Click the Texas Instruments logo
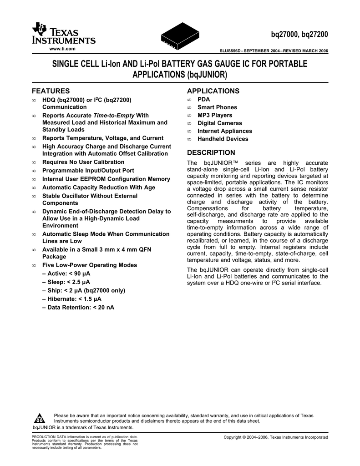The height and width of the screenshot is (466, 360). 63,34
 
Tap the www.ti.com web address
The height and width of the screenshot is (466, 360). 61,48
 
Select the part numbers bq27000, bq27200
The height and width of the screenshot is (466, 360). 297,35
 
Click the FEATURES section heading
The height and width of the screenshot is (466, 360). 51,91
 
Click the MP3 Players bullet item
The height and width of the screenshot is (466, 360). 214,115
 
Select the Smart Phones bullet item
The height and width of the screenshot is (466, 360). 217,107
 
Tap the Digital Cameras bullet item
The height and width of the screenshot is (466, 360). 219,123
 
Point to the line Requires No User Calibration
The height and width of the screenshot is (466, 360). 83,162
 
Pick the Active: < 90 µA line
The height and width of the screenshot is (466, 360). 66,274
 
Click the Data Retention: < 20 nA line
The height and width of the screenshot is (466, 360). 78,307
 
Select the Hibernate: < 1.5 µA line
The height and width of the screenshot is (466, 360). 71,299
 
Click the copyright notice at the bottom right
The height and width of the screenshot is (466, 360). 275,437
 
